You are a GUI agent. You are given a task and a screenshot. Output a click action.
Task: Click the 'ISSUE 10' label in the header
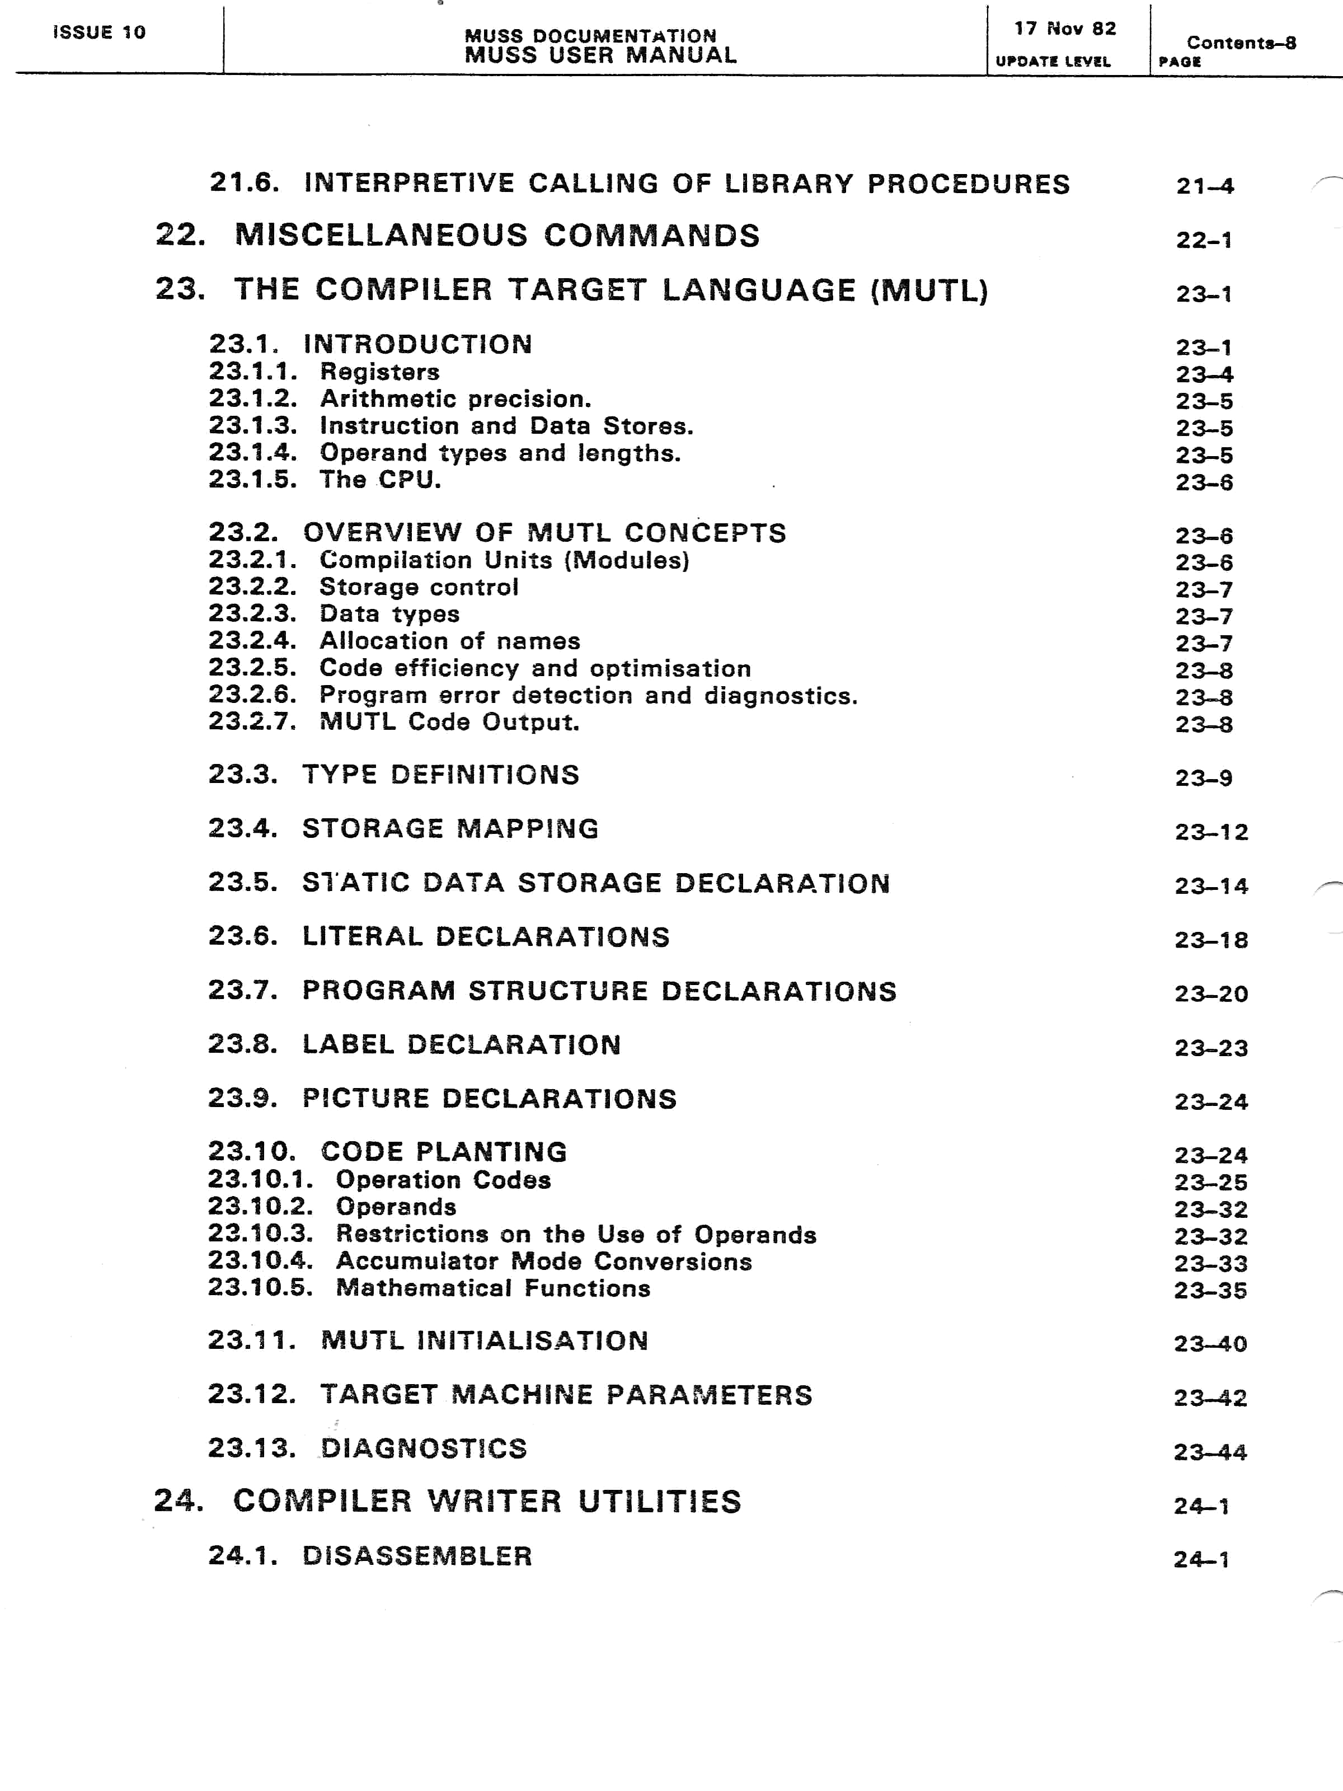98,32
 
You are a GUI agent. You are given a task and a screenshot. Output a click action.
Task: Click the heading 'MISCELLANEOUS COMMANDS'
497,236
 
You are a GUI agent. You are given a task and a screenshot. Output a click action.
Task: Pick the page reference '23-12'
1211,832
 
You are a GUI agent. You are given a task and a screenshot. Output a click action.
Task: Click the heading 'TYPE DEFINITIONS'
440,775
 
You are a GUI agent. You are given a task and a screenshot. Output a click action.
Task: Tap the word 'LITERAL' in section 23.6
362,937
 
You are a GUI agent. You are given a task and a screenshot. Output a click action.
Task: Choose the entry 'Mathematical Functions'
493,1288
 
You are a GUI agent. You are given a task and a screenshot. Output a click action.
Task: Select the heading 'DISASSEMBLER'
417,1555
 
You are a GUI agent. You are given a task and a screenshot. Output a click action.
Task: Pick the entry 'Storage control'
419,587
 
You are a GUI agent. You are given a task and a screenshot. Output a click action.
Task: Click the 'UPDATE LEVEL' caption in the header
1053,62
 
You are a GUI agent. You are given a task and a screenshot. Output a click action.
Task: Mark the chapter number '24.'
178,1501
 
